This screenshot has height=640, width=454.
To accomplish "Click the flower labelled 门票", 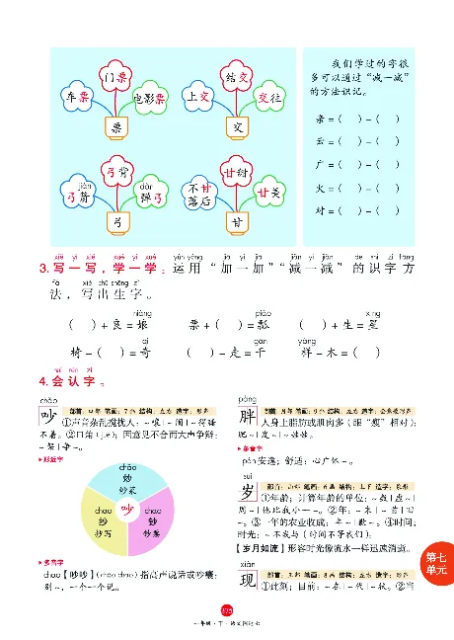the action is [x=116, y=76].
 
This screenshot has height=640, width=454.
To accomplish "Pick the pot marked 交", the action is [x=236, y=127].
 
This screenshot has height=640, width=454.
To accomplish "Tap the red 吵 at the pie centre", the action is [x=126, y=509].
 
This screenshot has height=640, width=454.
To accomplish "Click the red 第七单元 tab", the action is [x=435, y=564].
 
